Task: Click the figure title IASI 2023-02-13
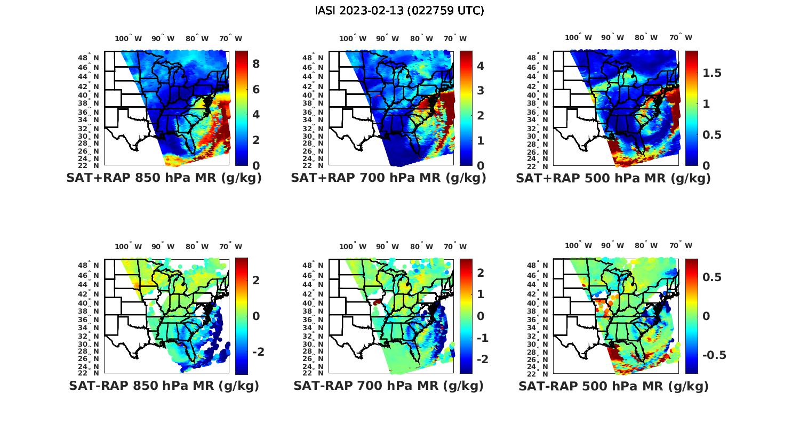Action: (399, 11)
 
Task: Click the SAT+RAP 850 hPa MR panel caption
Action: (164, 178)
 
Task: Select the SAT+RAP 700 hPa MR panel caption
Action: (388, 178)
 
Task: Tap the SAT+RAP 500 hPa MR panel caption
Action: (613, 178)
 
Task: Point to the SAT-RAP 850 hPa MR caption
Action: (164, 386)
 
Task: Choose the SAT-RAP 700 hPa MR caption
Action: (388, 386)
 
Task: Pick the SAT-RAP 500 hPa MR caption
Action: (613, 386)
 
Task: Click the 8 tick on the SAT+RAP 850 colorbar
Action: (256, 64)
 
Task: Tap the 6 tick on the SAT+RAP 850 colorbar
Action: (256, 89)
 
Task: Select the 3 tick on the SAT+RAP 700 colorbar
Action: (481, 90)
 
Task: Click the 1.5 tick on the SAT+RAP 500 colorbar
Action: (711, 73)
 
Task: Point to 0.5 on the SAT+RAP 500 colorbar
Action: (711, 134)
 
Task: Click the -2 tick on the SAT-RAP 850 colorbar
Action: (258, 351)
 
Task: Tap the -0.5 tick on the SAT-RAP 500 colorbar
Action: (714, 355)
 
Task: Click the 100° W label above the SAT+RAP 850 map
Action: (128, 38)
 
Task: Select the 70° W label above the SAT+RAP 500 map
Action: (681, 37)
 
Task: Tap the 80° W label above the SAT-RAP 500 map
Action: (646, 246)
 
